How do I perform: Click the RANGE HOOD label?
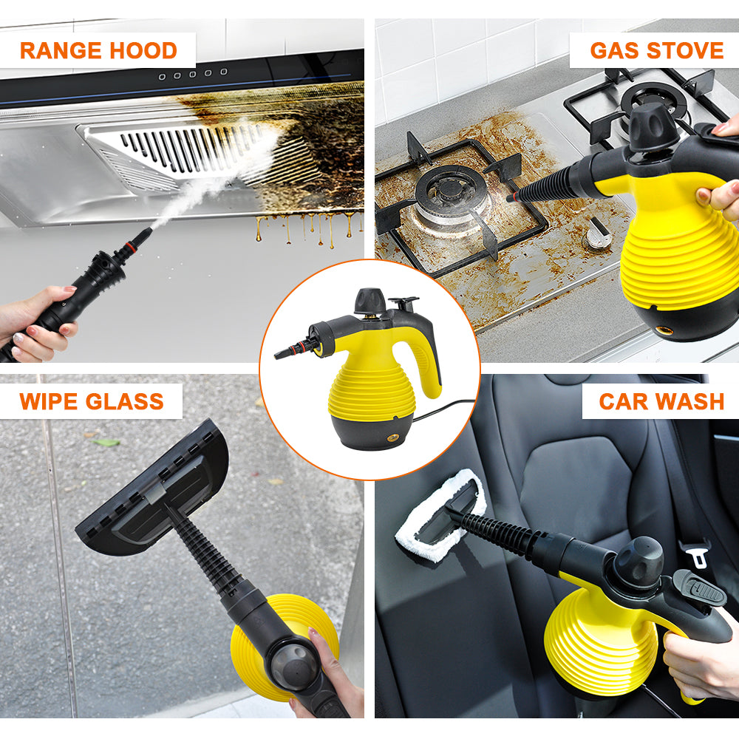pos(98,50)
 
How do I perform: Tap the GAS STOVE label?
pos(656,50)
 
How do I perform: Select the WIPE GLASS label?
pos(92,401)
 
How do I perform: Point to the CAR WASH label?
pos(661,401)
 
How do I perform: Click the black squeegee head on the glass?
pos(152,487)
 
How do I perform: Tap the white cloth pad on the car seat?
pos(440,514)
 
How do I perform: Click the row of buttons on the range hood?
pos(193,75)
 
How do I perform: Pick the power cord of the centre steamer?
pos(442,409)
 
